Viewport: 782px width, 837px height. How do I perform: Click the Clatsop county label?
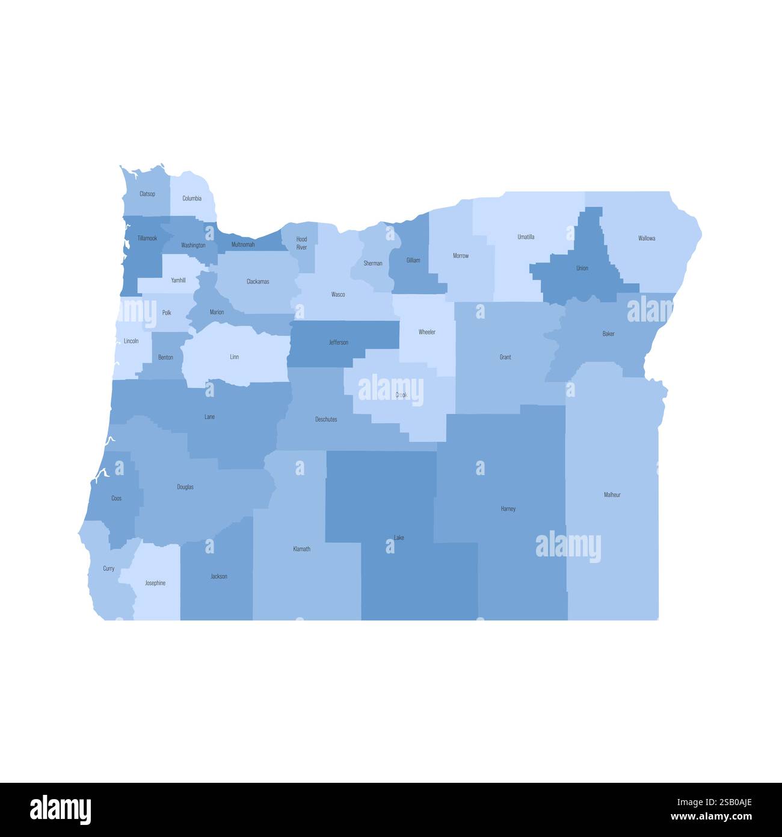[x=147, y=194]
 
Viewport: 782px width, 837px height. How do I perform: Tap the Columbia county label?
[x=192, y=198]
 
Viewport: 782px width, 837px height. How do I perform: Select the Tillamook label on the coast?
[x=147, y=238]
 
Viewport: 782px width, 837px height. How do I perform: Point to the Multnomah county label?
[x=243, y=244]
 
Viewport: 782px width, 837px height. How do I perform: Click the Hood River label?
[x=301, y=243]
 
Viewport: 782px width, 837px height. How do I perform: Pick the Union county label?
[x=582, y=269]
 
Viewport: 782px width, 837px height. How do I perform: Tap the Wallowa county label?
[x=647, y=238]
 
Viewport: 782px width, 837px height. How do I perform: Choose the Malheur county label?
[x=612, y=495]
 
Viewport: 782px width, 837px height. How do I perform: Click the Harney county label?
[x=508, y=509]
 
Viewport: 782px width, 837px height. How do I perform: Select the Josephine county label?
[x=155, y=583]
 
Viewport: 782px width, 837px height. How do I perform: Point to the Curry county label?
[x=109, y=568]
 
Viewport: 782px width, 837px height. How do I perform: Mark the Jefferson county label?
[x=338, y=343]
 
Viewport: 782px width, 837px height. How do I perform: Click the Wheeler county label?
[x=427, y=332]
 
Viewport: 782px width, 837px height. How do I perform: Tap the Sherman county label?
[x=373, y=263]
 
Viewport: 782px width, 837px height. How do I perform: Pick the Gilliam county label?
[x=413, y=260]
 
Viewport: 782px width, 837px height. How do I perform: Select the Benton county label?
[x=165, y=358]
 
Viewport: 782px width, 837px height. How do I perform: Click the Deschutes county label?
[x=326, y=419]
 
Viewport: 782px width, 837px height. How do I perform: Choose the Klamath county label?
[x=301, y=549]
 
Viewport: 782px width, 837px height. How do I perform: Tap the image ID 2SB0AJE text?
[x=730, y=802]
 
